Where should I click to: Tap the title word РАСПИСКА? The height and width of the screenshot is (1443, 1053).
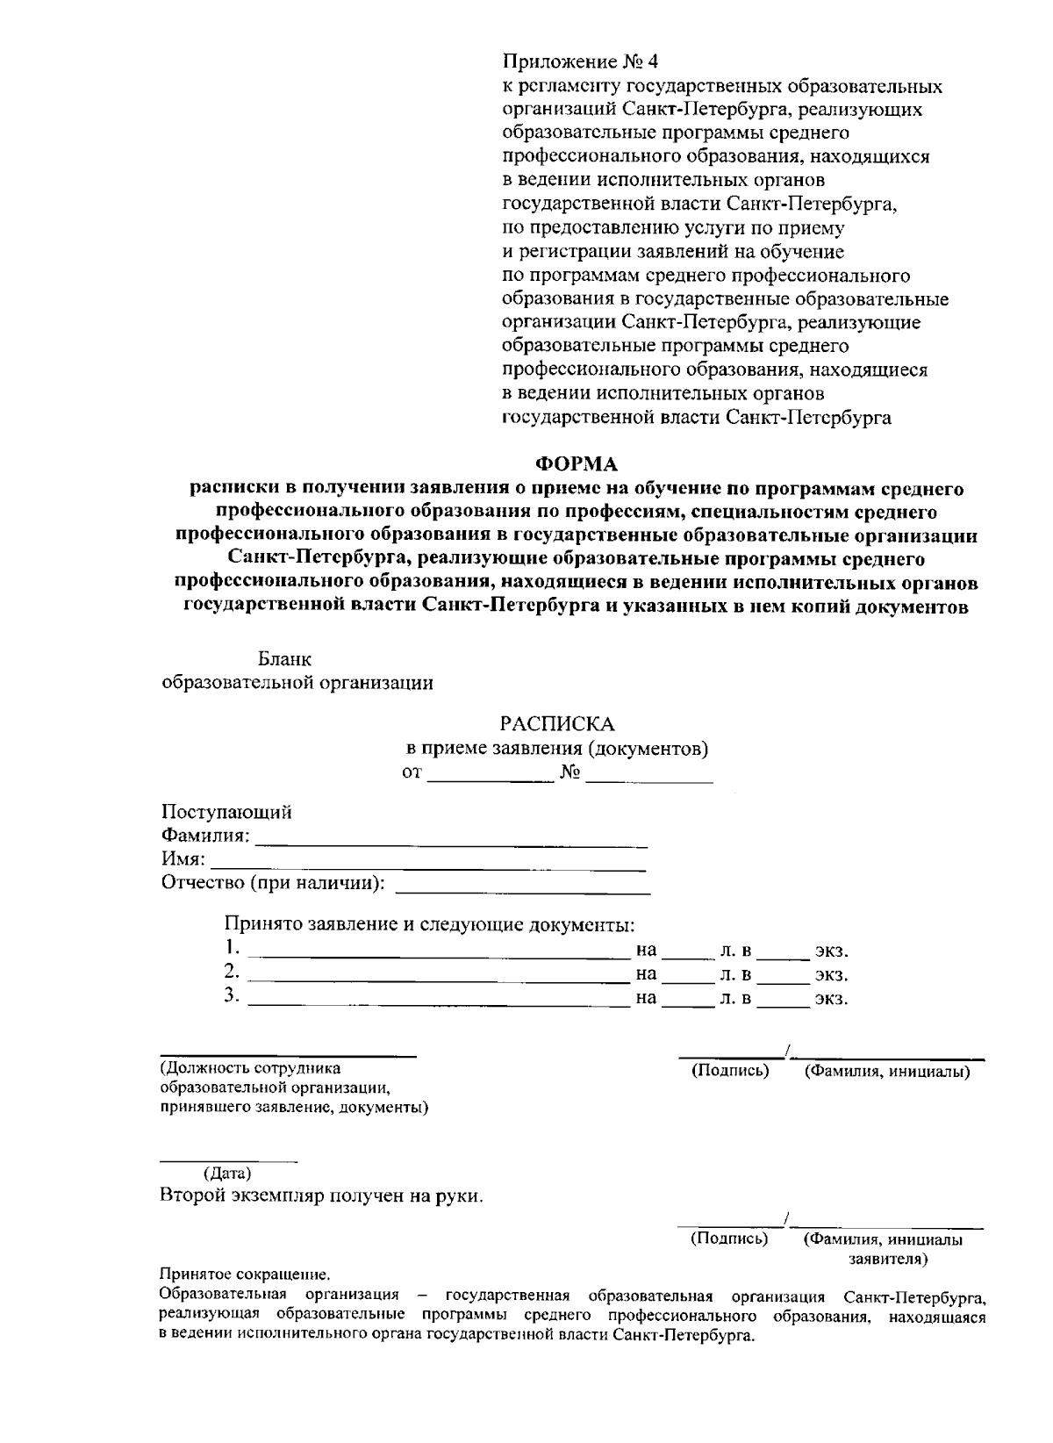click(x=557, y=724)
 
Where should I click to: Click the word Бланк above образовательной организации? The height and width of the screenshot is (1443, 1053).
click(x=284, y=658)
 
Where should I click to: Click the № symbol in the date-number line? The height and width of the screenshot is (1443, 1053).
click(x=569, y=773)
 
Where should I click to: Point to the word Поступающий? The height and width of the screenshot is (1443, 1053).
click(x=226, y=812)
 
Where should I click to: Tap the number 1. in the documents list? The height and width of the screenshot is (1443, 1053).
click(x=232, y=948)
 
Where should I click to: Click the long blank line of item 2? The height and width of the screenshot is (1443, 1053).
click(x=439, y=976)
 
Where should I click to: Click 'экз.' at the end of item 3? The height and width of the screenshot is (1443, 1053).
click(x=831, y=999)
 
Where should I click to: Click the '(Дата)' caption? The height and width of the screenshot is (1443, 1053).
click(x=227, y=1174)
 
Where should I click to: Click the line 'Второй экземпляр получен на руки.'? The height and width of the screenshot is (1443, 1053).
click(x=321, y=1196)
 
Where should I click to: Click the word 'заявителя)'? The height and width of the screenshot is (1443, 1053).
click(x=888, y=1259)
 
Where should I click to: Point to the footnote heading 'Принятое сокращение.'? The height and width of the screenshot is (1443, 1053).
click(x=246, y=1274)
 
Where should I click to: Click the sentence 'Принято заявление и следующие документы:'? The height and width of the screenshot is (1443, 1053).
click(x=429, y=924)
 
